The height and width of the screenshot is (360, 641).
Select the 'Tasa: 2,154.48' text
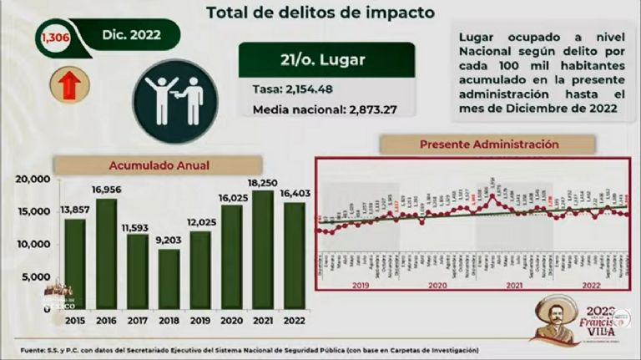287,89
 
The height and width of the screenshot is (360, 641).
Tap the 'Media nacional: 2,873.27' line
322,110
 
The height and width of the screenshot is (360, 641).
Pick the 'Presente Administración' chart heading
488,145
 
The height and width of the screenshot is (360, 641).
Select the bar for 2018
169,279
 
